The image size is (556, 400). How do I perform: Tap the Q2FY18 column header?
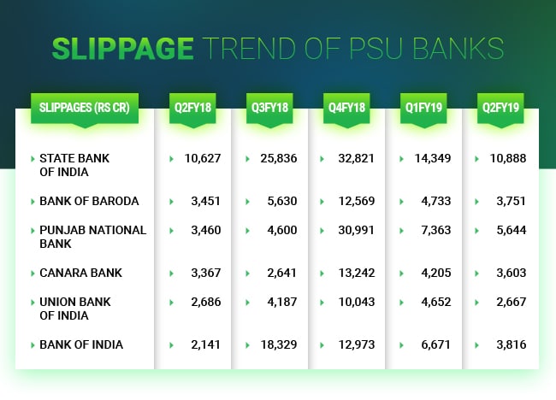coord(193,109)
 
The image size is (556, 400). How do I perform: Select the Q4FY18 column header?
coord(347,109)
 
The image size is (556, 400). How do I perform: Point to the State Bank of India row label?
coord(74,165)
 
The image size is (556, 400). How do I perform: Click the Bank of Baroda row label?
coord(89,202)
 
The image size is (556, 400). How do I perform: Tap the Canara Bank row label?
coord(80,273)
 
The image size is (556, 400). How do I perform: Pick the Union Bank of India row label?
coord(74,309)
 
